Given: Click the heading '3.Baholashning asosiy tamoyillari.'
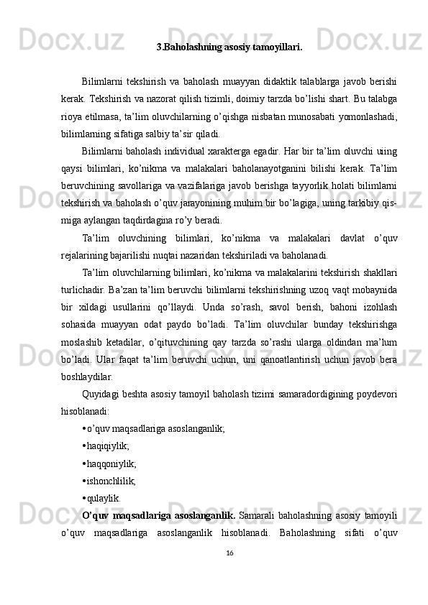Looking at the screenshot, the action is click(x=229, y=48).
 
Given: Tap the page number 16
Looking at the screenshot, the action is click(x=229, y=573).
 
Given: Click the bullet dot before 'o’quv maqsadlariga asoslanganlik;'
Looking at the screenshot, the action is click(x=84, y=428).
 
